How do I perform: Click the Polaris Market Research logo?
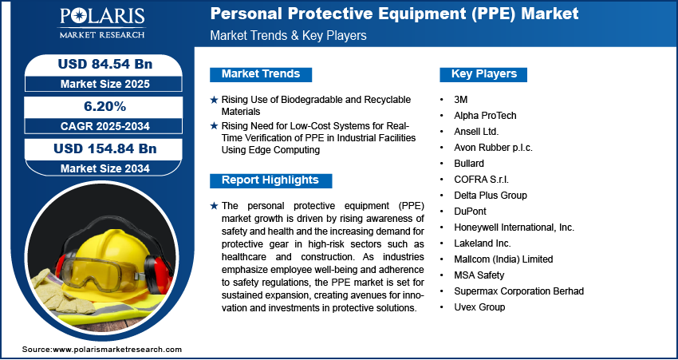(x=102, y=23)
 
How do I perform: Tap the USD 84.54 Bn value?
(x=105, y=64)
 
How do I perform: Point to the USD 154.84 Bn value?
(x=105, y=148)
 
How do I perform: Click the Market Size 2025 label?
(x=105, y=84)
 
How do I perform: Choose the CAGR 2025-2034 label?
(x=105, y=126)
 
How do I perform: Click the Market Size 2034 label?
(x=105, y=168)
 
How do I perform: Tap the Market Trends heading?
(x=261, y=74)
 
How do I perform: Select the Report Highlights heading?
(x=270, y=180)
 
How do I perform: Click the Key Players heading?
(x=484, y=74)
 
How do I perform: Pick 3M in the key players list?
(x=461, y=100)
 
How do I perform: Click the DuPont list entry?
(x=470, y=212)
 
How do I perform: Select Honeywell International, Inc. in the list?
(x=514, y=227)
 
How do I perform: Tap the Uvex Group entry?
(x=479, y=307)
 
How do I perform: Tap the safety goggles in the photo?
(x=99, y=274)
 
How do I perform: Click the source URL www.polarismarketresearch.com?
(x=117, y=349)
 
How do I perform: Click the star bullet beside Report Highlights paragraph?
(x=214, y=206)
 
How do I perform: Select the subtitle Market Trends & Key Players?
(x=289, y=35)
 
